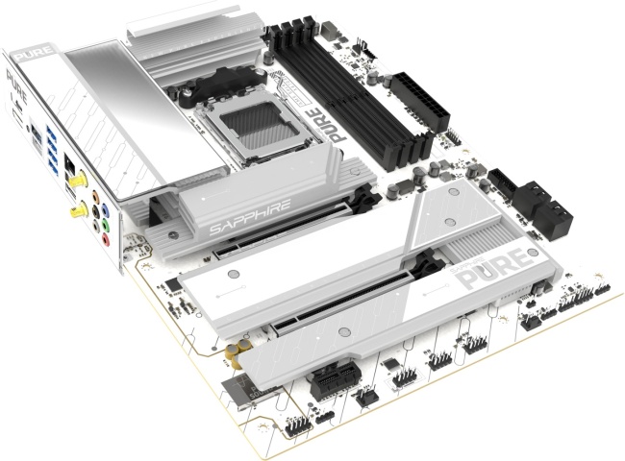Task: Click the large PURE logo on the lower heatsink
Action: click(x=492, y=271)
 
